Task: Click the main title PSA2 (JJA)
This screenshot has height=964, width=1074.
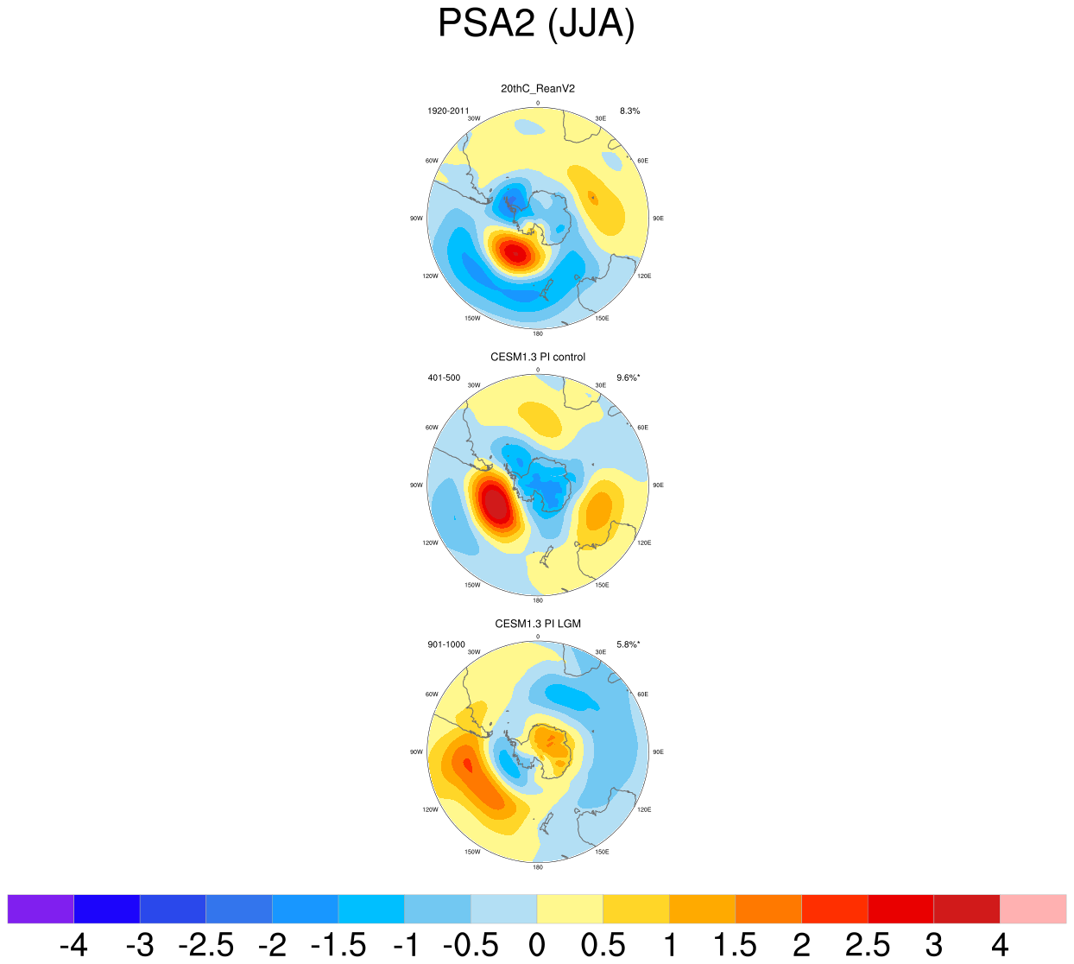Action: click(x=536, y=24)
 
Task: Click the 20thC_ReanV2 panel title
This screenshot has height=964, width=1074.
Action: click(x=537, y=88)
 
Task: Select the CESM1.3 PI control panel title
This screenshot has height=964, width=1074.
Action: click(x=537, y=357)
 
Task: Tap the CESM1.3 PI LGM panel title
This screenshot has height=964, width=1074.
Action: click(x=537, y=624)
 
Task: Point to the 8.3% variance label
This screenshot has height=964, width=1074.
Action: click(x=629, y=111)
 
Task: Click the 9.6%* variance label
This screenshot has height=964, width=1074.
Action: click(x=628, y=378)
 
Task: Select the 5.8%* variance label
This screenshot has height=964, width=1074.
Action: click(x=628, y=645)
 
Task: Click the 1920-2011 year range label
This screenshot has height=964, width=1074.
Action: click(x=448, y=111)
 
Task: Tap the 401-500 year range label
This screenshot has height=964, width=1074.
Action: click(x=444, y=378)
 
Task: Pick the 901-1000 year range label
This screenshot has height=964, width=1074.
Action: click(x=446, y=645)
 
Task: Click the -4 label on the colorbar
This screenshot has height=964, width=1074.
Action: click(x=73, y=946)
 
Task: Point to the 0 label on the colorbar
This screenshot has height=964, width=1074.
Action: click(x=537, y=946)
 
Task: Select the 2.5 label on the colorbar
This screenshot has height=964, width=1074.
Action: click(x=867, y=946)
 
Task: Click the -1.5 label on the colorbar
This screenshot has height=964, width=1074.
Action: click(x=338, y=946)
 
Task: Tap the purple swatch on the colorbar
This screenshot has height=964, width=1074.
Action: click(x=41, y=909)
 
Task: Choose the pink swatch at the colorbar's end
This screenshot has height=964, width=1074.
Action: click(x=1033, y=909)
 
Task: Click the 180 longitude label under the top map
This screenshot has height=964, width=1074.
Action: click(x=538, y=333)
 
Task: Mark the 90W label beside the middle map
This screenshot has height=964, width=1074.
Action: click(x=417, y=485)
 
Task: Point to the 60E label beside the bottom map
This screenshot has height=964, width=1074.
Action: click(x=642, y=694)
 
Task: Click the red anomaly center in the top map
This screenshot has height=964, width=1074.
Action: click(x=514, y=253)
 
